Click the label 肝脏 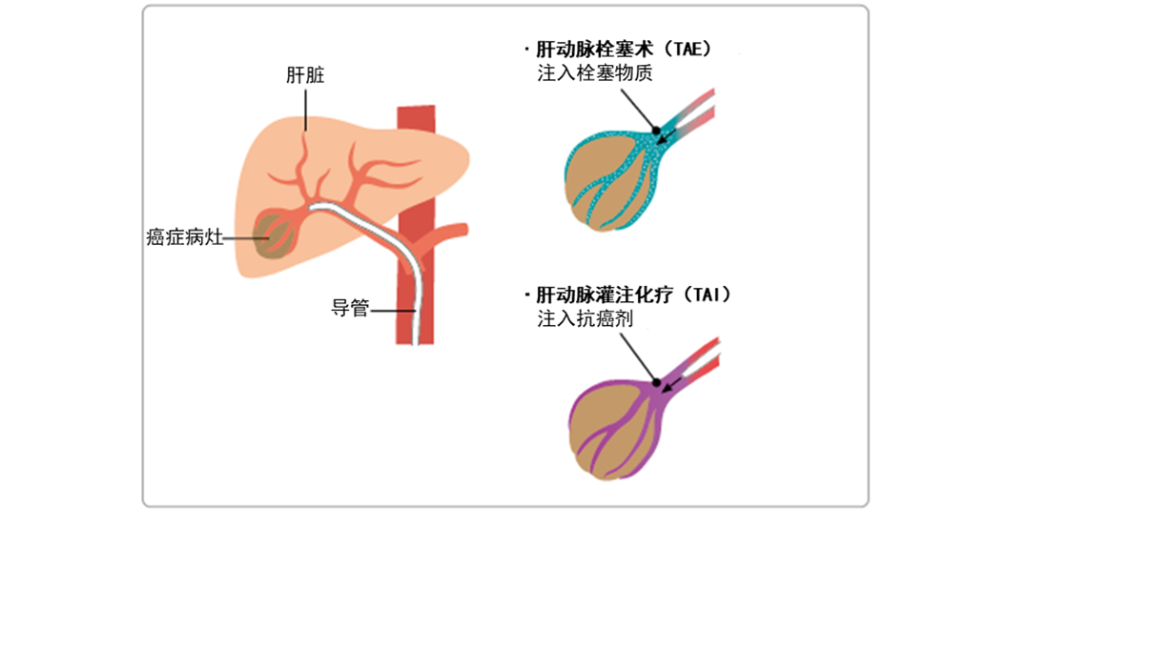point(305,75)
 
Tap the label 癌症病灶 point(185,237)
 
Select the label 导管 point(351,308)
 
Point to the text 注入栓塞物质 point(595,72)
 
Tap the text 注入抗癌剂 point(585,318)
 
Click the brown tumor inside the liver point(275,235)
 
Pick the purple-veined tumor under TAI point(615,431)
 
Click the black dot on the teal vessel point(656,132)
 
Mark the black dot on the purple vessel point(657,383)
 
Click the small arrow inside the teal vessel point(667,136)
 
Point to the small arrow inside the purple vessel point(671,385)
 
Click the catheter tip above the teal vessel point(696,112)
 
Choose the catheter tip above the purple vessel point(701,361)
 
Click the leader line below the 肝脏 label point(305,111)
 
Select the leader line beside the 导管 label point(393,311)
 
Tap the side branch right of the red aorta point(445,234)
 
